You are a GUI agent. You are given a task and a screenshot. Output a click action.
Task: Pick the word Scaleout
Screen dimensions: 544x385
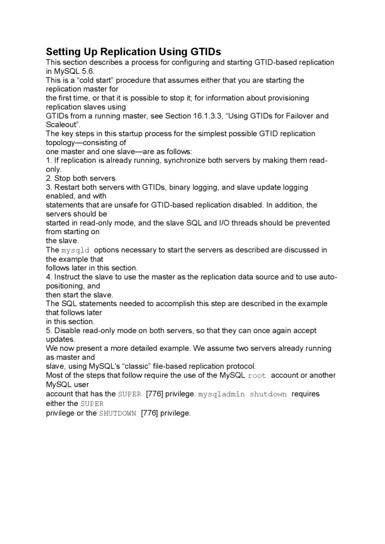pos(62,124)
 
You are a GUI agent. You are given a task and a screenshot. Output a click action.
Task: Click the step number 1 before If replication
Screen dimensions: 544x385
pos(48,160)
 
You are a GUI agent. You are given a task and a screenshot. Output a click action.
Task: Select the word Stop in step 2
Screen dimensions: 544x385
pos(62,178)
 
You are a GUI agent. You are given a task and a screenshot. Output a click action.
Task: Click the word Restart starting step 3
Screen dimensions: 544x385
pos(67,187)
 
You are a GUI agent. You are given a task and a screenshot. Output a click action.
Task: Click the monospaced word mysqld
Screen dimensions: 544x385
pos(75,250)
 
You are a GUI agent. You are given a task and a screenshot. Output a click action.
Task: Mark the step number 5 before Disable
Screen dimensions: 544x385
pos(48,330)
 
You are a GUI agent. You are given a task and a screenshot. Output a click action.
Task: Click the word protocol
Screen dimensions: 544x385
pos(240,366)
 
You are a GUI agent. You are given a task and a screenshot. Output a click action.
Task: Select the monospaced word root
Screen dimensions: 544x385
pos(257,375)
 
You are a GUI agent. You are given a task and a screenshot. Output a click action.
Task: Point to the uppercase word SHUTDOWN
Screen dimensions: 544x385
pos(118,413)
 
